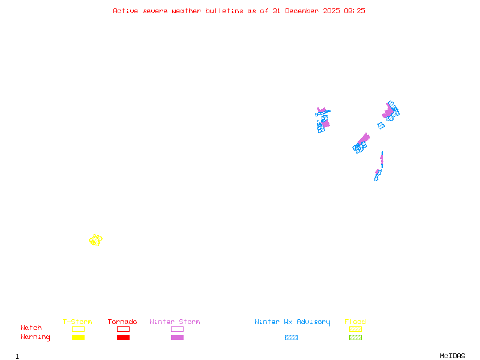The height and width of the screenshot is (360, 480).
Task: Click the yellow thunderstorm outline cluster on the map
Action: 95,240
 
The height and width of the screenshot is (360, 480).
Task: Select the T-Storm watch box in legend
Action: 78,329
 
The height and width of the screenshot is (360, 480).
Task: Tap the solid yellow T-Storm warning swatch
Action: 78,338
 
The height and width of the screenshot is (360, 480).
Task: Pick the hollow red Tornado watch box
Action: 123,329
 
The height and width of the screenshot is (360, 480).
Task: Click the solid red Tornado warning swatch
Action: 123,338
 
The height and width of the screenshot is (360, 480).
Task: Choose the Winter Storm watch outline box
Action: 177,329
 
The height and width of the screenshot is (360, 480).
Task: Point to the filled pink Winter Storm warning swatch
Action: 177,338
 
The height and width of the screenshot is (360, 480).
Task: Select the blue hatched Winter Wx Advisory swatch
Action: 291,338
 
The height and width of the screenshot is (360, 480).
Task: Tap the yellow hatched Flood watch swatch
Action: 355,329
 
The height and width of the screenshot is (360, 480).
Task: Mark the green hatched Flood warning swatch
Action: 355,338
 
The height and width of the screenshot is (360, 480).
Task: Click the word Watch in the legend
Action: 31,328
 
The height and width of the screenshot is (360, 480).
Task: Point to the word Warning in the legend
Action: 35,337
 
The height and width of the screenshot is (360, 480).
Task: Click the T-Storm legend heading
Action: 77,322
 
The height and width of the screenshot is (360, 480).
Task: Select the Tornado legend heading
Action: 122,322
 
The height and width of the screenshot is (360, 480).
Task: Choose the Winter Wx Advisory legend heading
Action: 292,322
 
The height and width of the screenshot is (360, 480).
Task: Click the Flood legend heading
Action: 355,322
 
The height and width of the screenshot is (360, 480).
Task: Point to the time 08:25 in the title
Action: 355,11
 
